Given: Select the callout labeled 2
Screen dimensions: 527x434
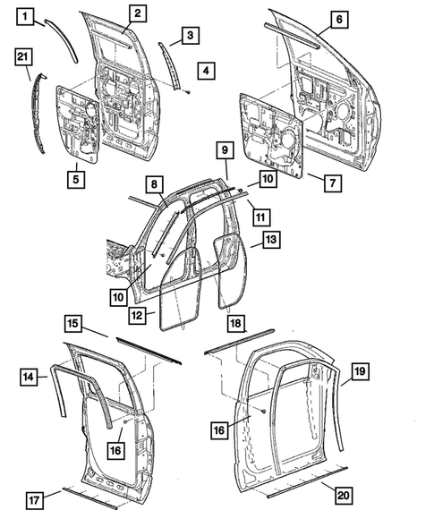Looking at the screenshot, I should point(136,13).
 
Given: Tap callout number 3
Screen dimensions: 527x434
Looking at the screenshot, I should point(190,35).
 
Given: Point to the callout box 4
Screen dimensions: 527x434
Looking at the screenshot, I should point(207,70).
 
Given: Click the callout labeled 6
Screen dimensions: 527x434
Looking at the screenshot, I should point(337,18).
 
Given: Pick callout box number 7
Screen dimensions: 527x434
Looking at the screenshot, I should point(330,183).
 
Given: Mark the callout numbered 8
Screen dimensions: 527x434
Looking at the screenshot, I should point(154,184).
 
